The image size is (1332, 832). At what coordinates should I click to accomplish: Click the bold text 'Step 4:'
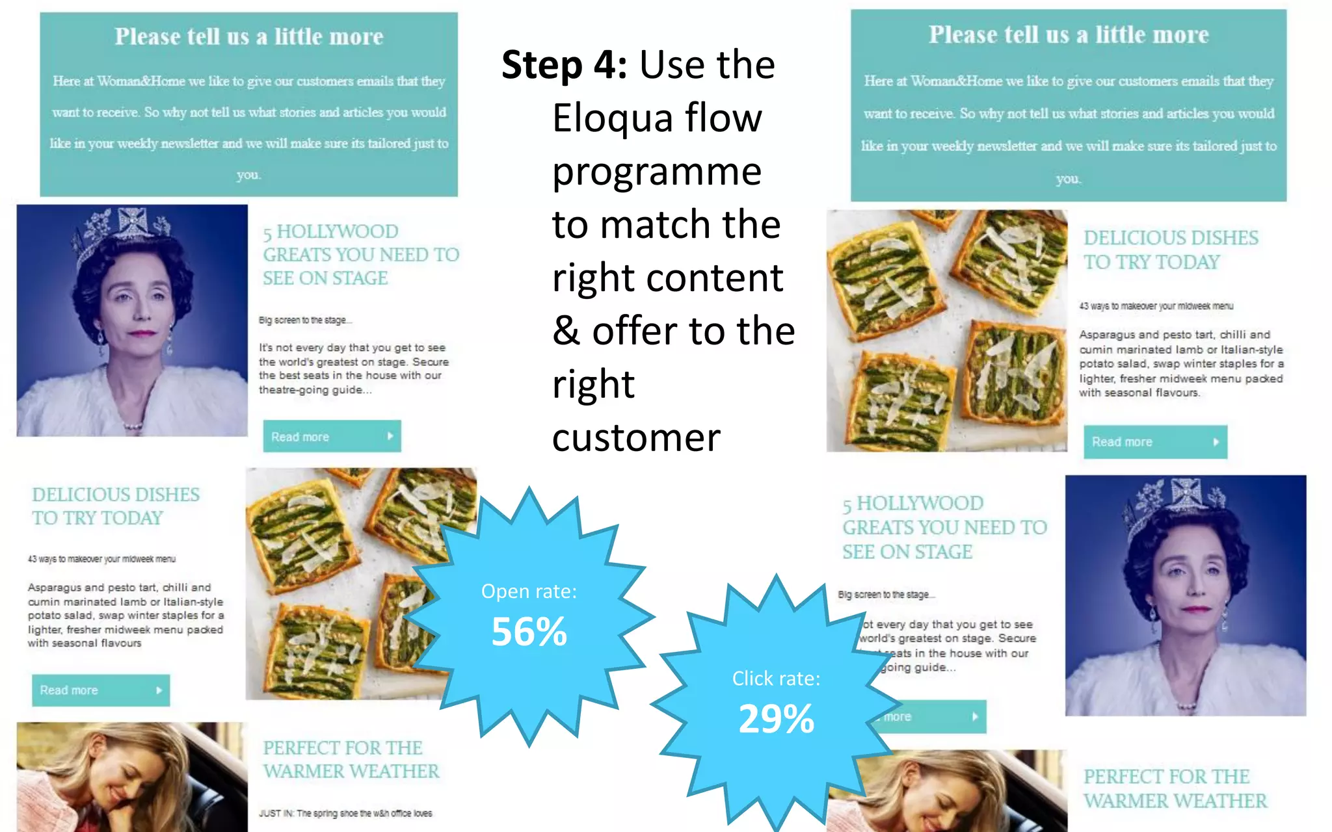tap(563, 65)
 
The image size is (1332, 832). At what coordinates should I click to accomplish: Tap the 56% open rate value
tap(529, 632)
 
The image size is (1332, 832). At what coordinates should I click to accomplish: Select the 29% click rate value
tap(776, 719)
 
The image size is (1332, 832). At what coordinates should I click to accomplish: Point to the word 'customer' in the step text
tap(635, 437)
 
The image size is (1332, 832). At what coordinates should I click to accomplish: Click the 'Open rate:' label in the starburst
tap(529, 591)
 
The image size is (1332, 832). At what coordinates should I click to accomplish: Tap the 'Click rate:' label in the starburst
tap(776, 679)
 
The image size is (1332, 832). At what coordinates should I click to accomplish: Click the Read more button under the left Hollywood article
tap(332, 436)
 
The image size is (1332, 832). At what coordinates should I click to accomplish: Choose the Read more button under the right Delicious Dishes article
tap(1155, 442)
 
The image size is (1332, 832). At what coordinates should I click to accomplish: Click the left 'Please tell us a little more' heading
tap(249, 37)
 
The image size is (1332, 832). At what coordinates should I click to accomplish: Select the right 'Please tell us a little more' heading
tap(1068, 35)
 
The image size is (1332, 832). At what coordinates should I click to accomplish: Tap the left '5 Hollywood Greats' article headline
tap(360, 255)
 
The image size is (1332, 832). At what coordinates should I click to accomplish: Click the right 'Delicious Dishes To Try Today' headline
tap(1170, 250)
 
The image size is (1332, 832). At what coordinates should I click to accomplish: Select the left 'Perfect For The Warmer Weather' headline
tap(351, 759)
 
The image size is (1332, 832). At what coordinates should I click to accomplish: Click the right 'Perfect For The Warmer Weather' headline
tap(1175, 788)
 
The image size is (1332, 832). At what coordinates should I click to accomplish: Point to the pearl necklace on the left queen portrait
tap(133, 426)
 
